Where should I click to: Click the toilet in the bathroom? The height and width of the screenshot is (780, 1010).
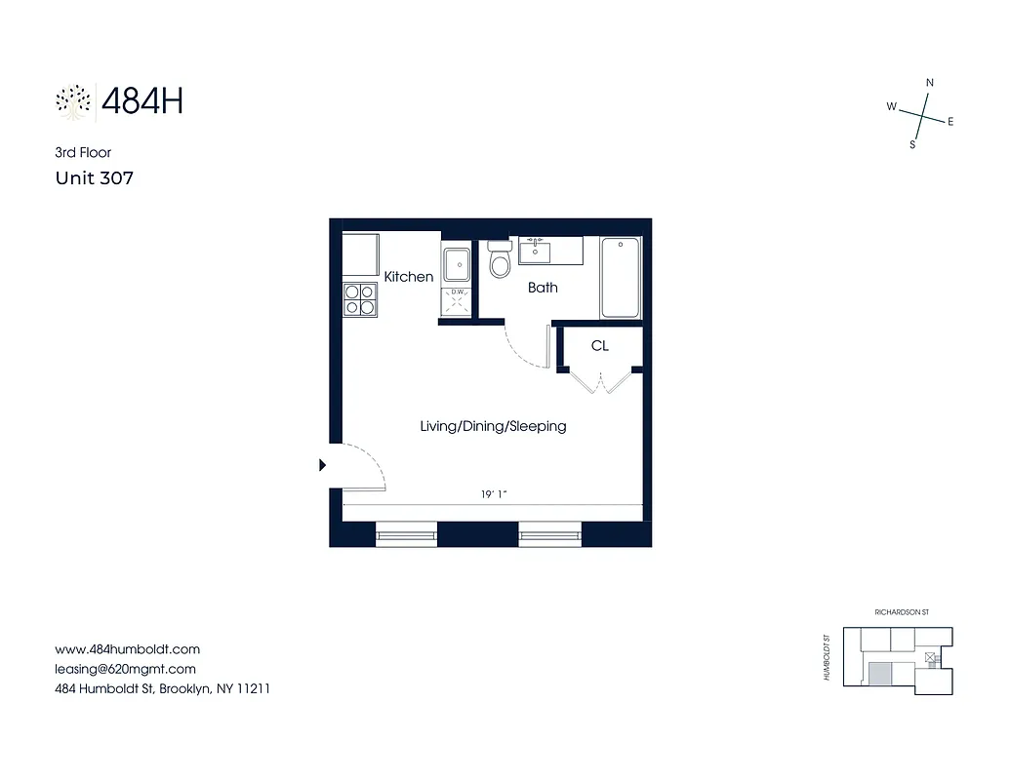click(500, 261)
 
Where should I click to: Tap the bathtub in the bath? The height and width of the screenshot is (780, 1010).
click(621, 278)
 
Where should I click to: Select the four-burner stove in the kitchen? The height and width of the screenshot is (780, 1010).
click(360, 298)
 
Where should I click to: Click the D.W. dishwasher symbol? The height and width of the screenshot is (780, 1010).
click(456, 298)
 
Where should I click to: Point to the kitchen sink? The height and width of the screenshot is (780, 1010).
click(456, 265)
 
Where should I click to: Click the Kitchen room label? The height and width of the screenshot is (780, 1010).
click(408, 277)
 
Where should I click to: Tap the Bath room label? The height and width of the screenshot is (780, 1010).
click(543, 288)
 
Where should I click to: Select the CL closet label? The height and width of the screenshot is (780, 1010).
click(599, 346)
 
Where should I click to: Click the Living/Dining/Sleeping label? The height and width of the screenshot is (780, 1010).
click(493, 426)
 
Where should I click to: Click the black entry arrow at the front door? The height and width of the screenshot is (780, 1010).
click(323, 466)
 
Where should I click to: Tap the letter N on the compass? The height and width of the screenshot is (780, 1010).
click(929, 83)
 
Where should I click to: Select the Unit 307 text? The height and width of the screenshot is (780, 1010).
click(94, 178)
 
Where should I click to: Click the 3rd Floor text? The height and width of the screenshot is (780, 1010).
click(83, 152)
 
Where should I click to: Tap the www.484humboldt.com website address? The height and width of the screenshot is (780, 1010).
click(127, 649)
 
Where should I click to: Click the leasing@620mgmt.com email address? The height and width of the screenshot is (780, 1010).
click(125, 669)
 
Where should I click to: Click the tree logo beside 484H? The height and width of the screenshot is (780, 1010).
click(73, 101)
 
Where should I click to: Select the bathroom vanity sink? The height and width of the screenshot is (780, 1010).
click(535, 252)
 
